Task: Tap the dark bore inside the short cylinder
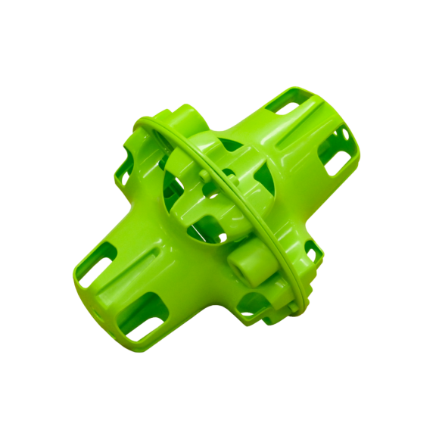(x=241, y=267)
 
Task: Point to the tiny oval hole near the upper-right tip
(x=345, y=135)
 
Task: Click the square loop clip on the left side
(x=125, y=173)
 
